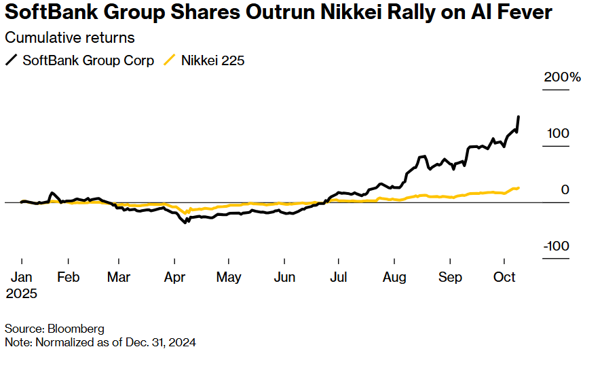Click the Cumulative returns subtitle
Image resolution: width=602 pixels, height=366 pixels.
pyautogui.click(x=69, y=37)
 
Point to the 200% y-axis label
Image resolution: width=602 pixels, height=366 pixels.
pyautogui.click(x=562, y=77)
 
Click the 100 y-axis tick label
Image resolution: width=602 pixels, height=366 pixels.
pyautogui.click(x=559, y=133)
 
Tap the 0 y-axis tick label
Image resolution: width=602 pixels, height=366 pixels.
pyautogui.click(x=565, y=189)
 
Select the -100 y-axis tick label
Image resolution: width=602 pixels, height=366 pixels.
pyautogui.click(x=557, y=246)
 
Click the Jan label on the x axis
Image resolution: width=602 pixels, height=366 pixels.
pyautogui.click(x=22, y=277)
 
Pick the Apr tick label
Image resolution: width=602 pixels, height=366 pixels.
pyautogui.click(x=175, y=277)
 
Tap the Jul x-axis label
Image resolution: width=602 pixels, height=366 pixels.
pyautogui.click(x=339, y=277)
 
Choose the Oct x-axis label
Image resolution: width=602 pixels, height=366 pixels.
pyautogui.click(x=504, y=277)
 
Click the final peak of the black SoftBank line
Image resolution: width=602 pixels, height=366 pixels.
pyautogui.click(x=519, y=117)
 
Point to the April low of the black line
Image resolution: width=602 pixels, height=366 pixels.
pyautogui.click(x=185, y=223)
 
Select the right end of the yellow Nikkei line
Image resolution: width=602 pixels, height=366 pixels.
pyautogui.click(x=519, y=187)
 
